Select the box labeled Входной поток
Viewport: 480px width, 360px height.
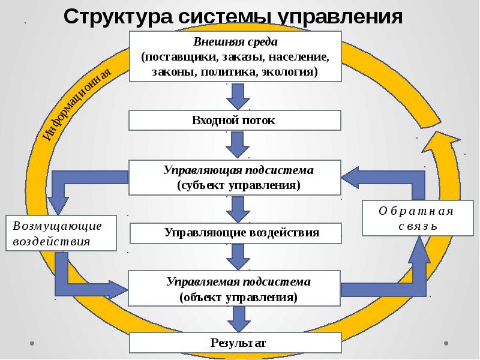(235, 121)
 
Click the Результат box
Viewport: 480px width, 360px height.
(235, 343)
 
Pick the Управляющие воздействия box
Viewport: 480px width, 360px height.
(235, 232)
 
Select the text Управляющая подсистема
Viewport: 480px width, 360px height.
(238, 170)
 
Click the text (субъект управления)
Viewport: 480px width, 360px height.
(238, 185)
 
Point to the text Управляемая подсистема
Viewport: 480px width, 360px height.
(238, 281)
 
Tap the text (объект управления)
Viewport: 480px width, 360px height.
(238, 296)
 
